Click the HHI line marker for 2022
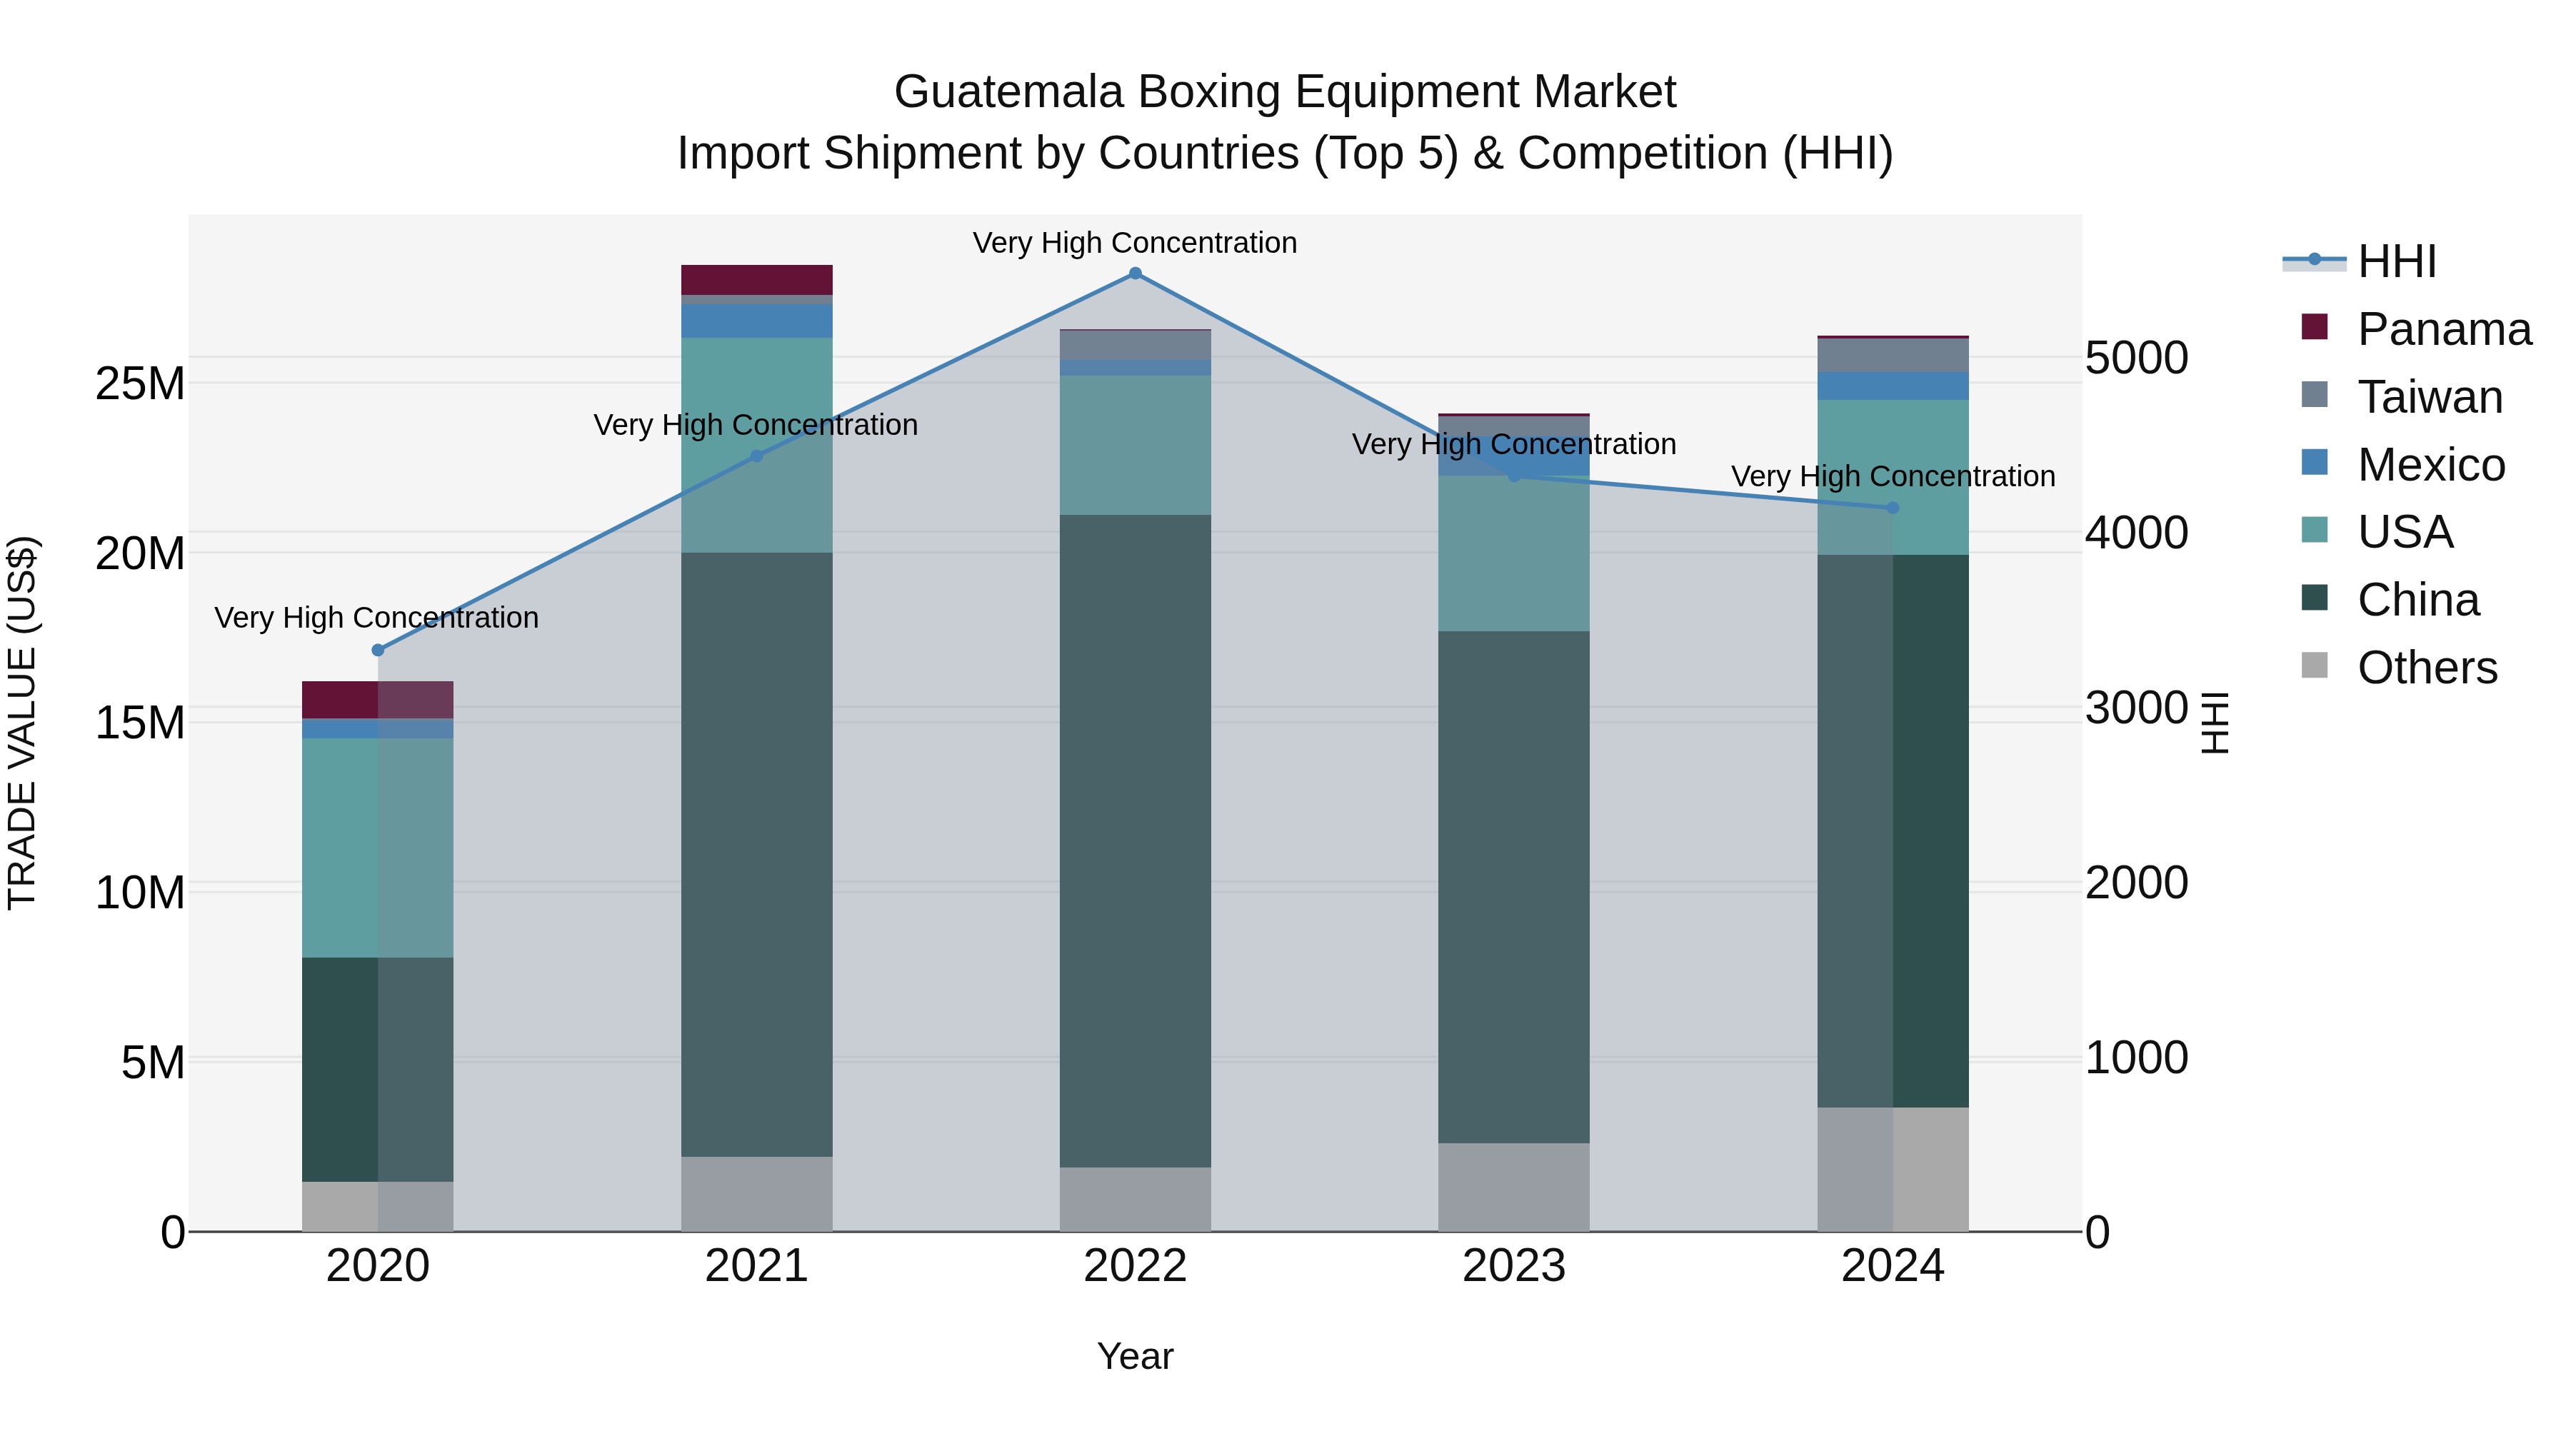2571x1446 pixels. coord(1135,273)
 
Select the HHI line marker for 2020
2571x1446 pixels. coord(377,651)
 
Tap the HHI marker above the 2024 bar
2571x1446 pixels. coord(1893,508)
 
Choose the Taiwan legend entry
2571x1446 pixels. coord(2430,397)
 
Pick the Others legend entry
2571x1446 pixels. coord(2426,668)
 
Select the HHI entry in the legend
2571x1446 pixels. coord(2395,261)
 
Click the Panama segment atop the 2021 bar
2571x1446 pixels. coord(756,279)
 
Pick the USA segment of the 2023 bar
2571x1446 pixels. coord(1513,554)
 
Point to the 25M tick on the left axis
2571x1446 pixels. coord(140,384)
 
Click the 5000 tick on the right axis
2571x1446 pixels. coord(2137,358)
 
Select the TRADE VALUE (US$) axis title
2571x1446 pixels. coord(22,723)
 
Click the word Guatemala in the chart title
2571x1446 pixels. coord(1007,92)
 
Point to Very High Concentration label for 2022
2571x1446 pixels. coord(1135,243)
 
